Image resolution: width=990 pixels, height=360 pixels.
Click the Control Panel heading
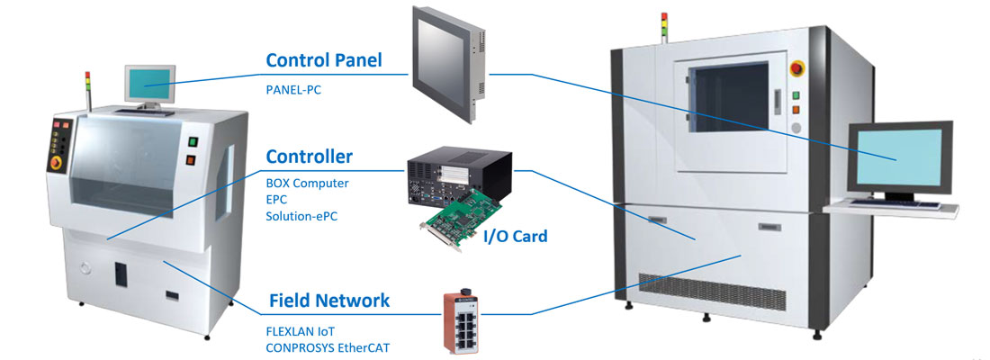pos(324,61)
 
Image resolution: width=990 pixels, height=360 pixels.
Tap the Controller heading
pos(309,157)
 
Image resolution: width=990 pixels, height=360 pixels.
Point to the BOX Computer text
pos(307,184)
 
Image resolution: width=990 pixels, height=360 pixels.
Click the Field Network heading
pos(329,300)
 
